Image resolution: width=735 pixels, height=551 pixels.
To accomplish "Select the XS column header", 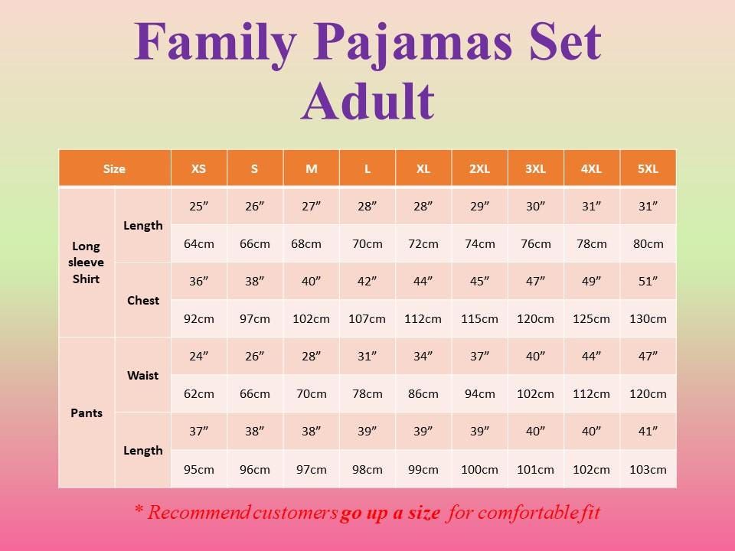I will [198, 169].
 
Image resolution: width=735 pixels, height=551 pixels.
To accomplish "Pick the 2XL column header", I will [479, 169].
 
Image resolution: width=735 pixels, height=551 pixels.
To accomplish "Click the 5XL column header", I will [648, 169].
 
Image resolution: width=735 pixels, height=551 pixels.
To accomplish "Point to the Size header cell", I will [114, 169].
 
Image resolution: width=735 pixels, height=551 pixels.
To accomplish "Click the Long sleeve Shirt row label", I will [87, 262].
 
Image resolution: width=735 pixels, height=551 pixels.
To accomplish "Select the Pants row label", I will [87, 413].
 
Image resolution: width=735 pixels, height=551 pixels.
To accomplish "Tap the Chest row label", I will [143, 300].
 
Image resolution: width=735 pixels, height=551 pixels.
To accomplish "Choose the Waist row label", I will [143, 375].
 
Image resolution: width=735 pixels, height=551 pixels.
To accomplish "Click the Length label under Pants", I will [143, 451].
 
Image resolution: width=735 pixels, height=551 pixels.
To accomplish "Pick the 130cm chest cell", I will [648, 319].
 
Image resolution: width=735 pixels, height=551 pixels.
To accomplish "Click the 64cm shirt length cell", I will [198, 244].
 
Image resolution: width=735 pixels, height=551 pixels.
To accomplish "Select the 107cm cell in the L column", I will [367, 319].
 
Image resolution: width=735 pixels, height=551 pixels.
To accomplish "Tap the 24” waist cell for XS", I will [198, 357].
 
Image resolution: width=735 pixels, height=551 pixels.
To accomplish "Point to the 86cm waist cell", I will [423, 394].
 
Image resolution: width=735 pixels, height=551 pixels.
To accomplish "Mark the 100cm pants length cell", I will [479, 469].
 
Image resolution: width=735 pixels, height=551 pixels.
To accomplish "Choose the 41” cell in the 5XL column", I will [648, 432].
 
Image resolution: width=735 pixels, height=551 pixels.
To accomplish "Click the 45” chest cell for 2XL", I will [479, 282].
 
